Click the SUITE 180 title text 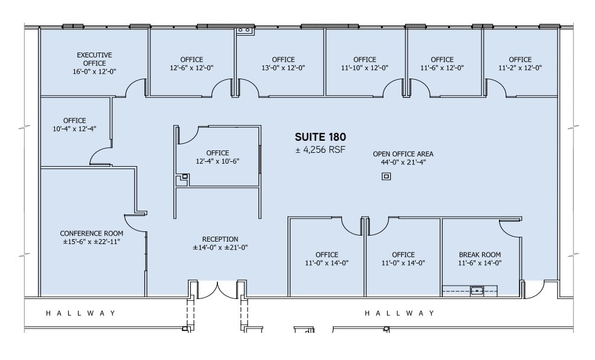(320, 137)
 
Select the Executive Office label (94, 63)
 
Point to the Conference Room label (91, 237)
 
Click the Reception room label (220, 243)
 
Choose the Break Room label (481, 259)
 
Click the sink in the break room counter (477, 291)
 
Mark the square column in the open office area (386, 176)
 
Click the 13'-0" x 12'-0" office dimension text (283, 68)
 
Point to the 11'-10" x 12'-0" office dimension (364, 68)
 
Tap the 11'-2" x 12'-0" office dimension (519, 68)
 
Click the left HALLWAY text (81, 313)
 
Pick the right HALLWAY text (399, 313)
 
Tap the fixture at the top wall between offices (245, 30)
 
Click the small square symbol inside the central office (185, 176)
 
